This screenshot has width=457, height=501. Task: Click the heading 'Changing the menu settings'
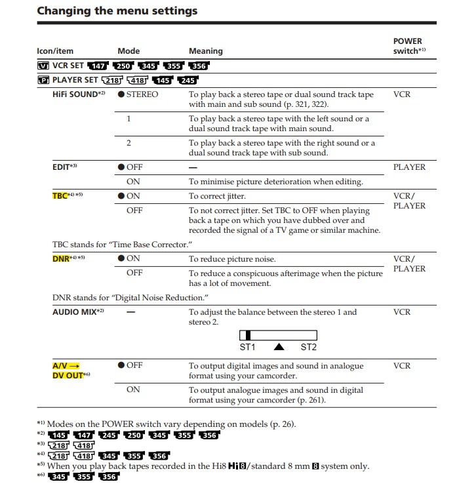tap(117, 11)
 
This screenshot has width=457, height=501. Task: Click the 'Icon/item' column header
tap(55, 51)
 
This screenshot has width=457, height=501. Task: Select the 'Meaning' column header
tap(205, 51)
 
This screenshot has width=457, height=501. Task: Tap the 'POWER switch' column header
tap(408, 46)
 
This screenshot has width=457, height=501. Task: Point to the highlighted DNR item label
tap(60, 259)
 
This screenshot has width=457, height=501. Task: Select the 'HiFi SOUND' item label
tap(75, 94)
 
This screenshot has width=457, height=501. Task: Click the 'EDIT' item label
tap(62, 167)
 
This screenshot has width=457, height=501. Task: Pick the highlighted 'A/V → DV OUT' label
tap(68, 371)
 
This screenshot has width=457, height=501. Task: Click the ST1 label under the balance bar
tap(248, 347)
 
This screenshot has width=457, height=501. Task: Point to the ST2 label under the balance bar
tap(308, 347)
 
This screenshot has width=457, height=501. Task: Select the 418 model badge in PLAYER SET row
tap(137, 80)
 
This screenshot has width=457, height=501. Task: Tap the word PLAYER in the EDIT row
tap(409, 167)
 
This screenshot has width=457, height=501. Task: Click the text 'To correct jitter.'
tap(217, 196)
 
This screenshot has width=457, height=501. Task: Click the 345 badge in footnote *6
tap(59, 477)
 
